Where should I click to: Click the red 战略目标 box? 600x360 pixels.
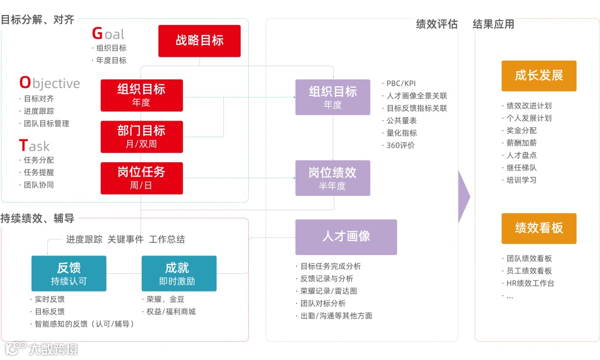click(x=199, y=41)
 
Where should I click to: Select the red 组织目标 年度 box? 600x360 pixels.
click(x=142, y=95)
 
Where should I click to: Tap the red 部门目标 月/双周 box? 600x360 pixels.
click(x=142, y=137)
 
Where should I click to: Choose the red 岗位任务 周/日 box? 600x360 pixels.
click(x=142, y=178)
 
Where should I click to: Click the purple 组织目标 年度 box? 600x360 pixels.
click(x=332, y=97)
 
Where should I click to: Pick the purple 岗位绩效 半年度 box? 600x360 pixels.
click(x=332, y=178)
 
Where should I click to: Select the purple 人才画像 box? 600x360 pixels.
click(x=346, y=237)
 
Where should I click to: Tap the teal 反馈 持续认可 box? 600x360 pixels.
click(x=68, y=273)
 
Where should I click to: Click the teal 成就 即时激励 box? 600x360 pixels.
click(x=179, y=273)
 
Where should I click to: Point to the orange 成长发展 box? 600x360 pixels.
click(x=539, y=76)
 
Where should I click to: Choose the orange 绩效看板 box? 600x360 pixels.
click(x=539, y=228)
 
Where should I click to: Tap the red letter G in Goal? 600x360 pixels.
click(x=97, y=34)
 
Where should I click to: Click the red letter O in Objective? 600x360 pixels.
click(x=25, y=83)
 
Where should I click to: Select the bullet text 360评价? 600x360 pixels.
click(x=401, y=146)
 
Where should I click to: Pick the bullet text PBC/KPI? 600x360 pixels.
click(x=401, y=83)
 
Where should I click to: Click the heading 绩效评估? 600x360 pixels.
click(x=437, y=24)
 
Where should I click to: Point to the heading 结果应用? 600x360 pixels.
click(x=493, y=24)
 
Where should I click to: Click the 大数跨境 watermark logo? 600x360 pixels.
click(x=42, y=349)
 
